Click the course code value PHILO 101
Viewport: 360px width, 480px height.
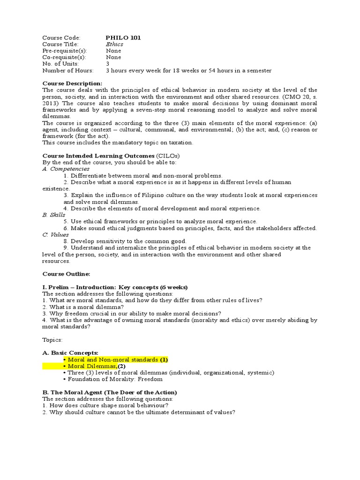123,37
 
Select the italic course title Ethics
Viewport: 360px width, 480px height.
115,44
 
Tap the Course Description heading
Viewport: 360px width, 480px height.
72,83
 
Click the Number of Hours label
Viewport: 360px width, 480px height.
68,70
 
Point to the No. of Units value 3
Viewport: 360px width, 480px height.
108,64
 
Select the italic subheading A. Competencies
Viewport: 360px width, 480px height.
66,169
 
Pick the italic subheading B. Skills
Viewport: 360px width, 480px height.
54,215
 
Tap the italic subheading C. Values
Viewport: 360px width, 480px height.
56,234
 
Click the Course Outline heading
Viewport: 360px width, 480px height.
66,274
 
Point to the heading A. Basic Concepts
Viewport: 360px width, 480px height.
70,352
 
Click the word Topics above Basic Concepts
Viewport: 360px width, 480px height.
52,339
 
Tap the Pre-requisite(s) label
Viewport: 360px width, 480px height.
62,51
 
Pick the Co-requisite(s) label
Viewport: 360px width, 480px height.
62,57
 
